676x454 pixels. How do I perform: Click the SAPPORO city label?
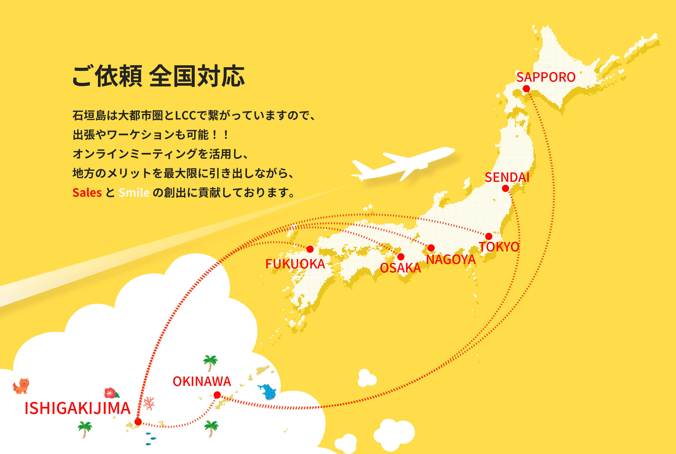[546, 77]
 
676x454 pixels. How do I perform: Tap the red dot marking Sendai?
[506, 189]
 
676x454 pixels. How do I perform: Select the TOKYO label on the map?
[499, 247]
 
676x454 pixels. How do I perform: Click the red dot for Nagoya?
[431, 248]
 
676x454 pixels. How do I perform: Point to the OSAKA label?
[400, 268]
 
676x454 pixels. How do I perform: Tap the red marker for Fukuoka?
[310, 249]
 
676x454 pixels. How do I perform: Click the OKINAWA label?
[202, 382]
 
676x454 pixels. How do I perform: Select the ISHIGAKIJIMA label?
[78, 408]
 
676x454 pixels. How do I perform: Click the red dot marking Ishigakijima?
[138, 422]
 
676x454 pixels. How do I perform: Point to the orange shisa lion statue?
[21, 386]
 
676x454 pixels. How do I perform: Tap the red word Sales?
[87, 192]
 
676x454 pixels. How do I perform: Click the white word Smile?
[134, 192]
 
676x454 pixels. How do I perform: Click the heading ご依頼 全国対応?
[159, 76]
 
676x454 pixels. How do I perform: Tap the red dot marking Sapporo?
[526, 89]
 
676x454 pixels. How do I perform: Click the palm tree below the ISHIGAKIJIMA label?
[85, 430]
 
